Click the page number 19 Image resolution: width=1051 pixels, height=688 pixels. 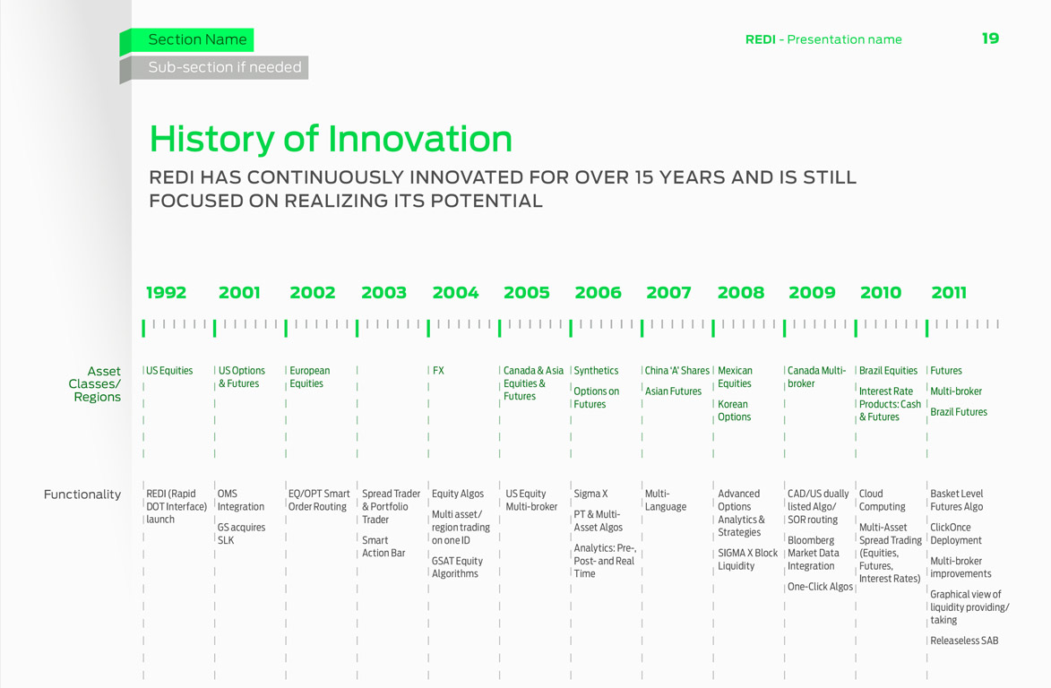click(990, 39)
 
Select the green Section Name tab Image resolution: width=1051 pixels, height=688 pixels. click(187, 40)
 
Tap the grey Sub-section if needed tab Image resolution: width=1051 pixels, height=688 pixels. click(214, 68)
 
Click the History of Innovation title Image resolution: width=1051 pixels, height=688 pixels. click(331, 139)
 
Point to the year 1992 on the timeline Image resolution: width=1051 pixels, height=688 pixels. click(167, 293)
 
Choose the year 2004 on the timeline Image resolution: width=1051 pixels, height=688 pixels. click(456, 293)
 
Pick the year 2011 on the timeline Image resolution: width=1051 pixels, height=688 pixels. click(949, 293)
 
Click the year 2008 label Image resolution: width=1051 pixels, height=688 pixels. click(741, 293)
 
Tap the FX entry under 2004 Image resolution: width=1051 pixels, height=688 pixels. click(438, 371)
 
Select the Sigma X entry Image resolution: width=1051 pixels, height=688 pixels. click(590, 494)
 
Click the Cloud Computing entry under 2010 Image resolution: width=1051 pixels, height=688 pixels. click(882, 500)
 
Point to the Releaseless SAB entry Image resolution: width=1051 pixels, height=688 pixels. click(964, 641)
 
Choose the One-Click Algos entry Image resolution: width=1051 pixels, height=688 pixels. click(820, 587)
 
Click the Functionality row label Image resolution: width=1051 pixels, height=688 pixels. click(82, 494)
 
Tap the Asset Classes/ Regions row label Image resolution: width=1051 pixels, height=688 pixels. click(94, 383)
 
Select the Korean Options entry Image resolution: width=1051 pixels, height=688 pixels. click(734, 410)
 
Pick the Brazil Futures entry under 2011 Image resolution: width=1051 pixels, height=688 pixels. click(959, 412)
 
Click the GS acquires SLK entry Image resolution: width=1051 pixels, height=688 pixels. click(241, 534)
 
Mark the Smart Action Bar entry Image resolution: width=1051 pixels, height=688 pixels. click(383, 546)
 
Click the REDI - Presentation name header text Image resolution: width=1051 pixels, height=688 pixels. click(823, 39)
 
